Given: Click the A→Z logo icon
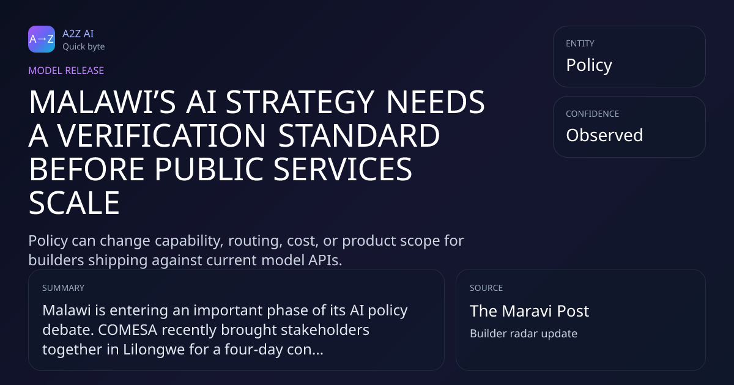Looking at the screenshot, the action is click(42, 39).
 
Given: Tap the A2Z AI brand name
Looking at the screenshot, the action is click(78, 34).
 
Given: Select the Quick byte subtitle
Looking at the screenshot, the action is click(84, 47).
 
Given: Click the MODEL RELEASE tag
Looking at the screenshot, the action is click(66, 70).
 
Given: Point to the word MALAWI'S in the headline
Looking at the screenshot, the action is click(103, 102).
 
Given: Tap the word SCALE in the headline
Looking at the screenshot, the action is click(74, 203).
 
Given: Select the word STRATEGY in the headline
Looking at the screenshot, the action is click(300, 102).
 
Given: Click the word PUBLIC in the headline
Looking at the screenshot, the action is click(209, 169).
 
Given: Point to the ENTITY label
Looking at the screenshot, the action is click(580, 43).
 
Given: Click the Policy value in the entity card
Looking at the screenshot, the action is click(589, 65).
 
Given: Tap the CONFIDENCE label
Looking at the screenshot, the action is click(593, 114).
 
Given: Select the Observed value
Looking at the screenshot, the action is click(604, 135).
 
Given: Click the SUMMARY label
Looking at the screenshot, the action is click(63, 288).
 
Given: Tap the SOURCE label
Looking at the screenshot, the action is click(486, 288).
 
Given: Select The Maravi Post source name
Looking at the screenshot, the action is click(530, 311).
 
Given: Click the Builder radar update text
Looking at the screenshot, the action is click(524, 334).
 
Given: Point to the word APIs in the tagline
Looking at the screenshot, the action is click(325, 260).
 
